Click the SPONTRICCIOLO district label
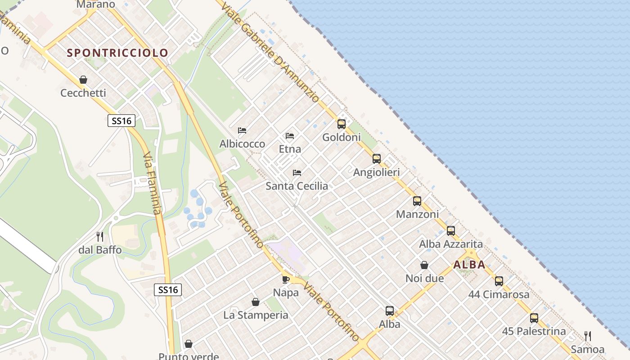click(117, 53)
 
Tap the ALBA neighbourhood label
click(469, 265)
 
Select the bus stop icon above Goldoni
click(342, 124)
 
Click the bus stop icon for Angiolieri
click(377, 159)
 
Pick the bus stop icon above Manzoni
click(417, 201)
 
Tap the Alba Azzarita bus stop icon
click(451, 231)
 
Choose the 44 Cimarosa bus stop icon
click(499, 281)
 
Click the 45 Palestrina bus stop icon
click(534, 318)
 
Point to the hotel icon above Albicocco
click(242, 130)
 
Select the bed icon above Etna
click(290, 135)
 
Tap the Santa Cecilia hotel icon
click(297, 172)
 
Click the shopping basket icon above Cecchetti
click(83, 80)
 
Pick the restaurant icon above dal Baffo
click(100, 236)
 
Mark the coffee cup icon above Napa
click(286, 279)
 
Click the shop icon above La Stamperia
click(256, 301)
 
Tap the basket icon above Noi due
click(424, 265)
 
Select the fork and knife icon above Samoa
click(587, 336)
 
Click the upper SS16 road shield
click(121, 121)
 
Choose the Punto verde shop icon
click(189, 344)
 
